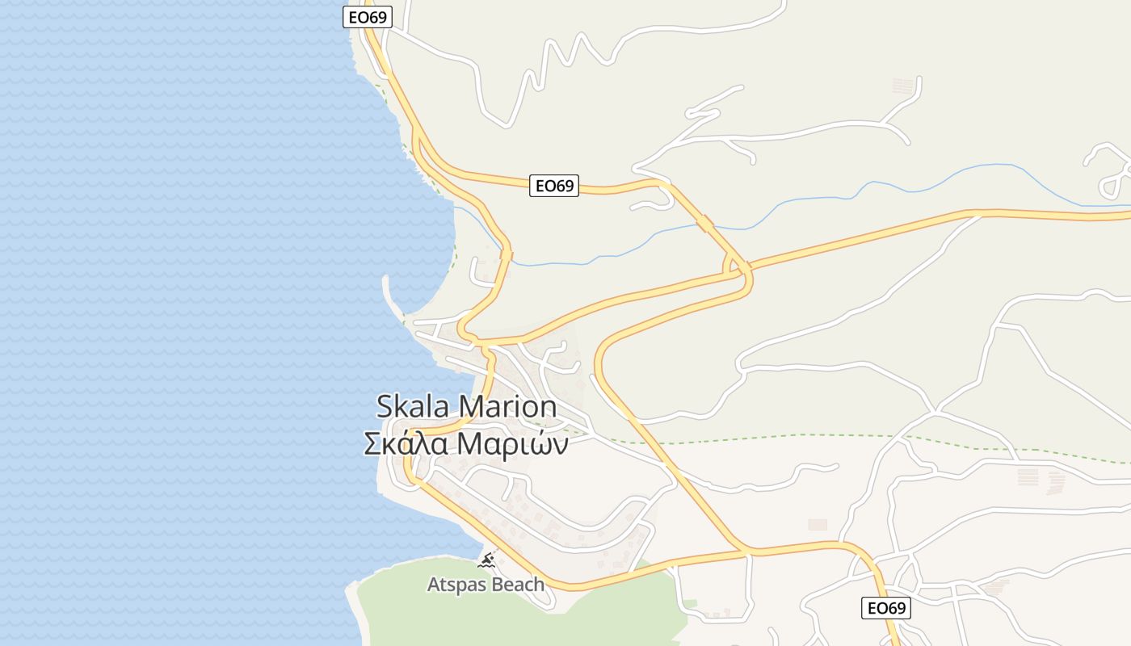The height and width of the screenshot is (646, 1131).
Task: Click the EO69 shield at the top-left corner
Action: pyautogui.click(x=368, y=17)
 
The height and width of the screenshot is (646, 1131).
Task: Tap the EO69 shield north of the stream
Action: pyautogui.click(x=554, y=186)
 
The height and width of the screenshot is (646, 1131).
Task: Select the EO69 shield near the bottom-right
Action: pyautogui.click(x=885, y=608)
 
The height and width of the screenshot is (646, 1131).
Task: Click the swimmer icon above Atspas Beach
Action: pyautogui.click(x=486, y=560)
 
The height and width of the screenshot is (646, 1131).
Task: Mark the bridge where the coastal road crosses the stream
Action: pyautogui.click(x=507, y=255)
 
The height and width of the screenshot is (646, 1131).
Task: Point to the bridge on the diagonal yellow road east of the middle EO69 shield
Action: pyautogui.click(x=705, y=223)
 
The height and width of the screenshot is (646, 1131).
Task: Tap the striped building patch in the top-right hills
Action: pyautogui.click(x=904, y=85)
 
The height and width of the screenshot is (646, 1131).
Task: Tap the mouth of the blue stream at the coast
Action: pyautogui.click(x=454, y=208)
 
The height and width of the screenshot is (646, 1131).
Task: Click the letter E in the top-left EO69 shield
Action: pyautogui.click(x=353, y=17)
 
